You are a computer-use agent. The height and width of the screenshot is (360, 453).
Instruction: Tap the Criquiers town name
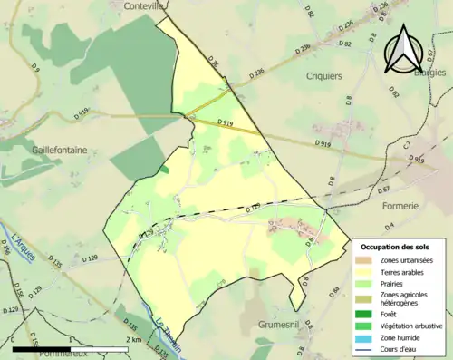[x=323, y=77]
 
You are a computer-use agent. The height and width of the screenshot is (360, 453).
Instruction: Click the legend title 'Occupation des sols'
[x=398, y=247]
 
